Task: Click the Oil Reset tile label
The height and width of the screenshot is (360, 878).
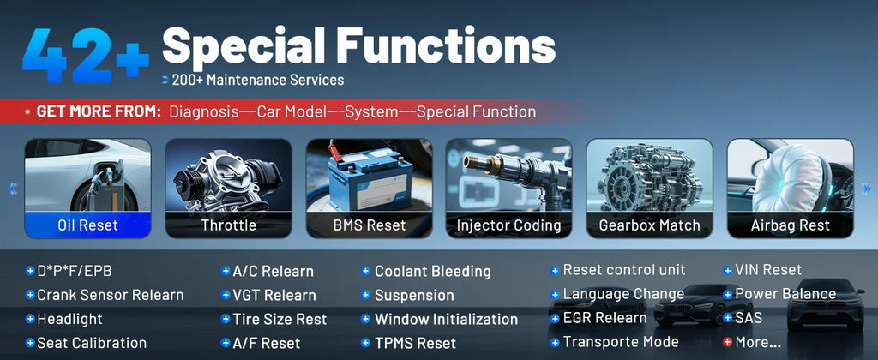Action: (x=88, y=225)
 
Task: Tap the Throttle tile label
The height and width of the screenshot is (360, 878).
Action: (x=228, y=225)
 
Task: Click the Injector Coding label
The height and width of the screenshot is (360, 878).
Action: (x=508, y=225)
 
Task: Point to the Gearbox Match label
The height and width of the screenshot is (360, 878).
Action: (x=650, y=225)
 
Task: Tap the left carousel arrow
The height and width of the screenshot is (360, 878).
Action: (x=12, y=189)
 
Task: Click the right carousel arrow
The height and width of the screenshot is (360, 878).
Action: (x=867, y=189)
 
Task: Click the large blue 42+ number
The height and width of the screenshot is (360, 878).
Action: (x=86, y=56)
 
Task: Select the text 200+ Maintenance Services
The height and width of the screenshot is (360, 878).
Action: (x=257, y=80)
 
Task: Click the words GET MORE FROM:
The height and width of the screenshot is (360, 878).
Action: (x=99, y=111)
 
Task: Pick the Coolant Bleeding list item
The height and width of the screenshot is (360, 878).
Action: (x=432, y=272)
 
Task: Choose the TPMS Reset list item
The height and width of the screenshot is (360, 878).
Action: (x=416, y=343)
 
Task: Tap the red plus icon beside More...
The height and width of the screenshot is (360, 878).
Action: (x=727, y=341)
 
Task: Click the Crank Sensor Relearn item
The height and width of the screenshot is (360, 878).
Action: (x=111, y=295)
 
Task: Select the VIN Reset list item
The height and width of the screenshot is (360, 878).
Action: (x=768, y=270)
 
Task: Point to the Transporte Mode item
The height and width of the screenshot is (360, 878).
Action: (x=621, y=341)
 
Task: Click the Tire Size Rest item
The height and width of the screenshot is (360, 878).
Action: (x=280, y=319)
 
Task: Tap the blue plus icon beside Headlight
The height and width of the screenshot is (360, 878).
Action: (x=30, y=319)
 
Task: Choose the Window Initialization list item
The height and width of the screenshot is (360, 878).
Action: (x=446, y=319)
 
